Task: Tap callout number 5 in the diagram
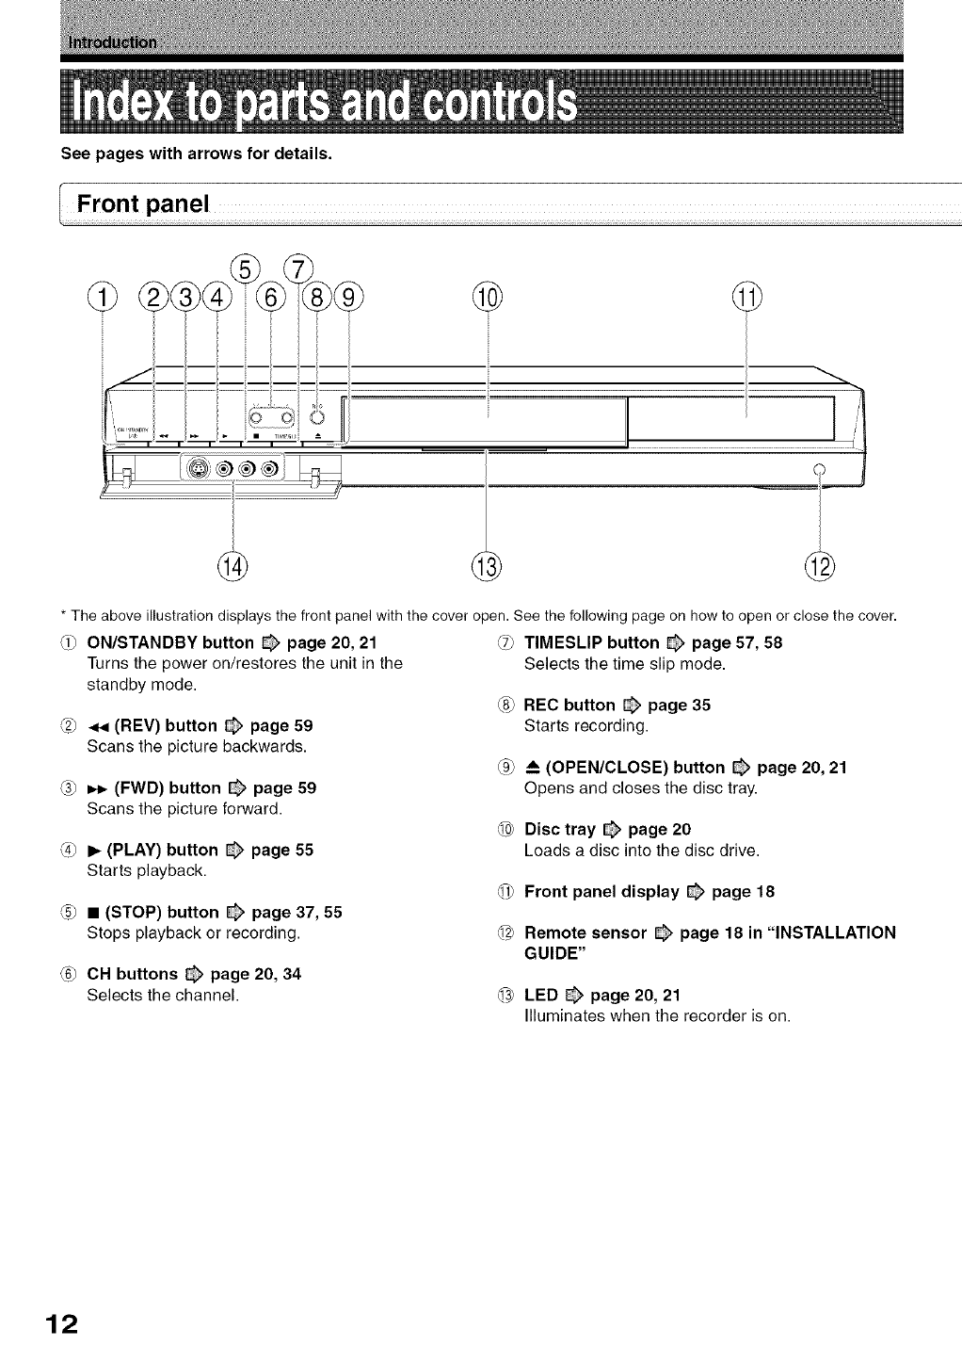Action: pyautogui.click(x=245, y=269)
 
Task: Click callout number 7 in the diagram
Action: pyautogui.click(x=298, y=269)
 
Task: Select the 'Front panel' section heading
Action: pyautogui.click(x=143, y=203)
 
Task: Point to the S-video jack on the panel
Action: pyautogui.click(x=200, y=467)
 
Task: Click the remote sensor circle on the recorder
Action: pyautogui.click(x=819, y=468)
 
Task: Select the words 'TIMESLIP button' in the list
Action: pyautogui.click(x=591, y=643)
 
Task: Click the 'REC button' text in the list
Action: pyautogui.click(x=569, y=705)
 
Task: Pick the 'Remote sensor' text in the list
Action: pyautogui.click(x=585, y=933)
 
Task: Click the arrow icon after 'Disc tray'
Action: pyautogui.click(x=612, y=830)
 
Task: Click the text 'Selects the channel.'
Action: pyautogui.click(x=163, y=995)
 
